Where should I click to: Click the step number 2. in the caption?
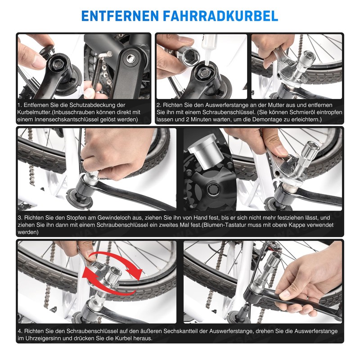(x=159, y=104)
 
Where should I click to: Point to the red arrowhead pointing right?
(x=134, y=272)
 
